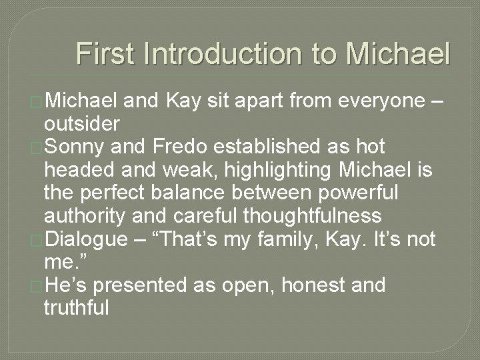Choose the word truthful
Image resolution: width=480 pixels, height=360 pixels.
[76, 308]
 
